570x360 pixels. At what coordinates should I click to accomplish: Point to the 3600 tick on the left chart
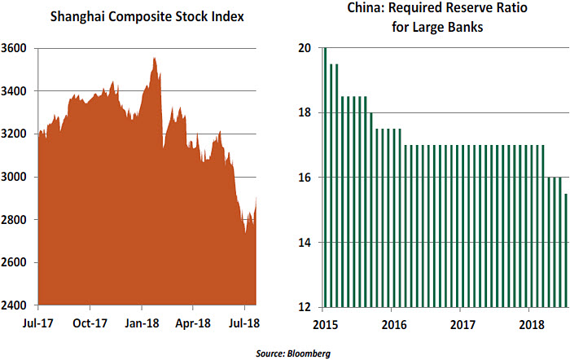pyautogui.click(x=18, y=48)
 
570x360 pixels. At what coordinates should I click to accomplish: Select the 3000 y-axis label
pyautogui.click(x=18, y=177)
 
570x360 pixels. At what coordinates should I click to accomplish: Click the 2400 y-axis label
pyautogui.click(x=18, y=305)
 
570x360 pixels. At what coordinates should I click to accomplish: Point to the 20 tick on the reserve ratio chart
pyautogui.click(x=304, y=48)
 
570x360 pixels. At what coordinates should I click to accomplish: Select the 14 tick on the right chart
pyautogui.click(x=304, y=242)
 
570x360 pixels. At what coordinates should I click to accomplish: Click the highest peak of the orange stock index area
pyautogui.click(x=154, y=59)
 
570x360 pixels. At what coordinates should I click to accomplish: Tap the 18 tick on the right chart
pyautogui.click(x=304, y=112)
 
